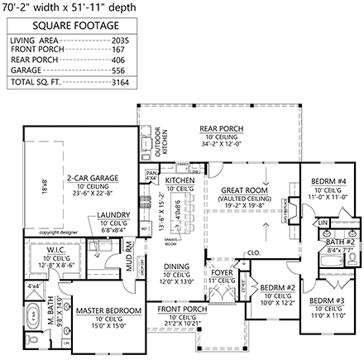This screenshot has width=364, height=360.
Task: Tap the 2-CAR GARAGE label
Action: pyautogui.click(x=93, y=177)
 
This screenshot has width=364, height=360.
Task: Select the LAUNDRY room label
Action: pyautogui.click(x=112, y=214)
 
